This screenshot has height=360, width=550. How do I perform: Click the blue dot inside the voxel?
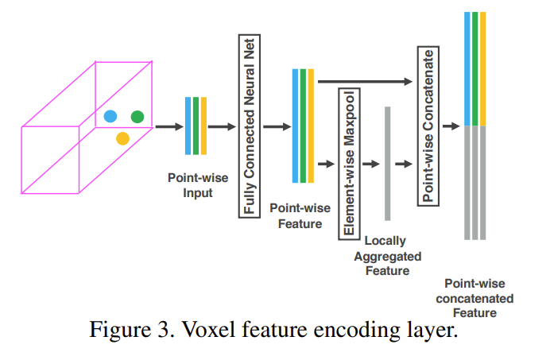click(x=110, y=116)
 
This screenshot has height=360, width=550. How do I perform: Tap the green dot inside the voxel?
click(x=137, y=117)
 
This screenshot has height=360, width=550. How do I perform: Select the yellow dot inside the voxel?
click(x=122, y=139)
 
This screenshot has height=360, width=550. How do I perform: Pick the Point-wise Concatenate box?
click(x=427, y=126)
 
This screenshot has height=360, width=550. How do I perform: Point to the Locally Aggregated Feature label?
click(x=387, y=255)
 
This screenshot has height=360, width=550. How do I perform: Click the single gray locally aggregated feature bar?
click(x=387, y=163)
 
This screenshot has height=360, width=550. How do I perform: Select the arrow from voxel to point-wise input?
click(x=168, y=126)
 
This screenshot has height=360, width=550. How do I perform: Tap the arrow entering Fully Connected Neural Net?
click(x=222, y=126)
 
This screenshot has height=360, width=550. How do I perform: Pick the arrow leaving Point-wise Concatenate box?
click(x=450, y=126)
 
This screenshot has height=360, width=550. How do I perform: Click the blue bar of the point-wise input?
click(x=188, y=126)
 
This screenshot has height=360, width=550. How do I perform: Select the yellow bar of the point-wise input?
click(x=204, y=126)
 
